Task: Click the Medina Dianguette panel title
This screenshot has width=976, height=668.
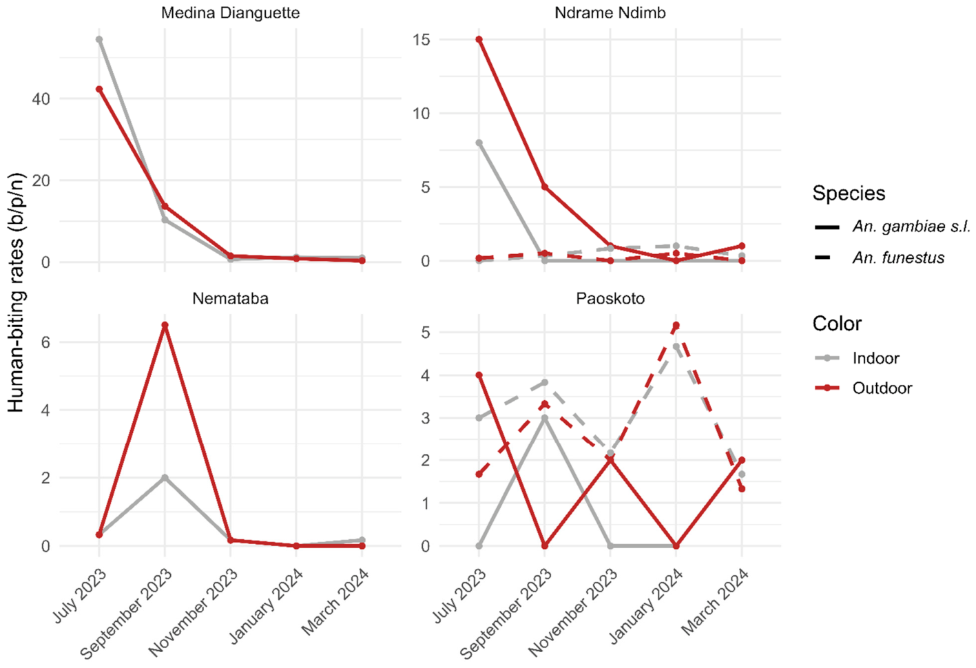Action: pyautogui.click(x=231, y=13)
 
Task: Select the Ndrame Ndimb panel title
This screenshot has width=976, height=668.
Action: pyautogui.click(x=610, y=13)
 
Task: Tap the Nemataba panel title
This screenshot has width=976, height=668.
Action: pyautogui.click(x=231, y=298)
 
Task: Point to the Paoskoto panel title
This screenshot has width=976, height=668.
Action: pyautogui.click(x=610, y=298)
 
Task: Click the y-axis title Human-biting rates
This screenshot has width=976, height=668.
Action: pyautogui.click(x=16, y=293)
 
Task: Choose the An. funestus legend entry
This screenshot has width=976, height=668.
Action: pyautogui.click(x=880, y=258)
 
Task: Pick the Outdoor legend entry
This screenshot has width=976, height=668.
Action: pyautogui.click(x=863, y=388)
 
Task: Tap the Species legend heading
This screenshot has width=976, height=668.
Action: pyautogui.click(x=849, y=193)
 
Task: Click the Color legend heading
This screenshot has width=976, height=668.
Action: pyautogui.click(x=837, y=324)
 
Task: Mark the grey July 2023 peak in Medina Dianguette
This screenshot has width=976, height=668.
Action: pyautogui.click(x=99, y=40)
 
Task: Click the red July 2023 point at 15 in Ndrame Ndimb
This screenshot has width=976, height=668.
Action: pyautogui.click(x=479, y=40)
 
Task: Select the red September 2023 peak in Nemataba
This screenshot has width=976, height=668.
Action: pyautogui.click(x=165, y=325)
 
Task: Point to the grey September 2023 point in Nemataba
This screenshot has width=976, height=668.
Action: pyautogui.click(x=165, y=478)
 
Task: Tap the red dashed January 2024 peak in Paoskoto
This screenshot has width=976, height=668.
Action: pyautogui.click(x=676, y=325)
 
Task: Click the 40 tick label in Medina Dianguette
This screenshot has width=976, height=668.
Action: pyautogui.click(x=41, y=99)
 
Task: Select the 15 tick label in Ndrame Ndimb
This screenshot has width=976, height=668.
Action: pyautogui.click(x=422, y=40)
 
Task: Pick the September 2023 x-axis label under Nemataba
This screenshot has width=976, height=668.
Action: pyautogui.click(x=126, y=613)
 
